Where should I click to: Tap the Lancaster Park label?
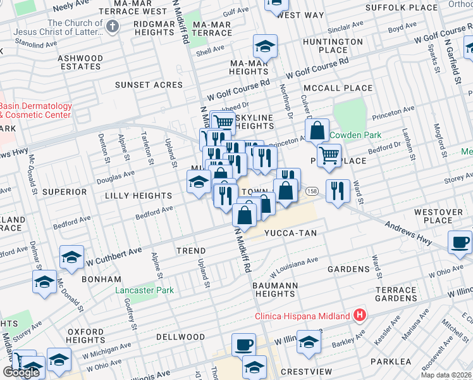144,291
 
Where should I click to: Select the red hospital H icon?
360,315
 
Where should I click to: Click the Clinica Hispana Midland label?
302,316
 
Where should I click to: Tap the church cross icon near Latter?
113,27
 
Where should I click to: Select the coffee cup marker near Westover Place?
459,242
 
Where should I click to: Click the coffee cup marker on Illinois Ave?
243,345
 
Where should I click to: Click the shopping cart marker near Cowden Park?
329,155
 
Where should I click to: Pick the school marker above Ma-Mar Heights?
265,46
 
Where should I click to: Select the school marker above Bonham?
71,257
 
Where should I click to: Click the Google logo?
21,372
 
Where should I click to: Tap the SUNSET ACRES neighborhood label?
149,84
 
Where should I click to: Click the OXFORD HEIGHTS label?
86,336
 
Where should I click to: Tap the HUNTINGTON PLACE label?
333,46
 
